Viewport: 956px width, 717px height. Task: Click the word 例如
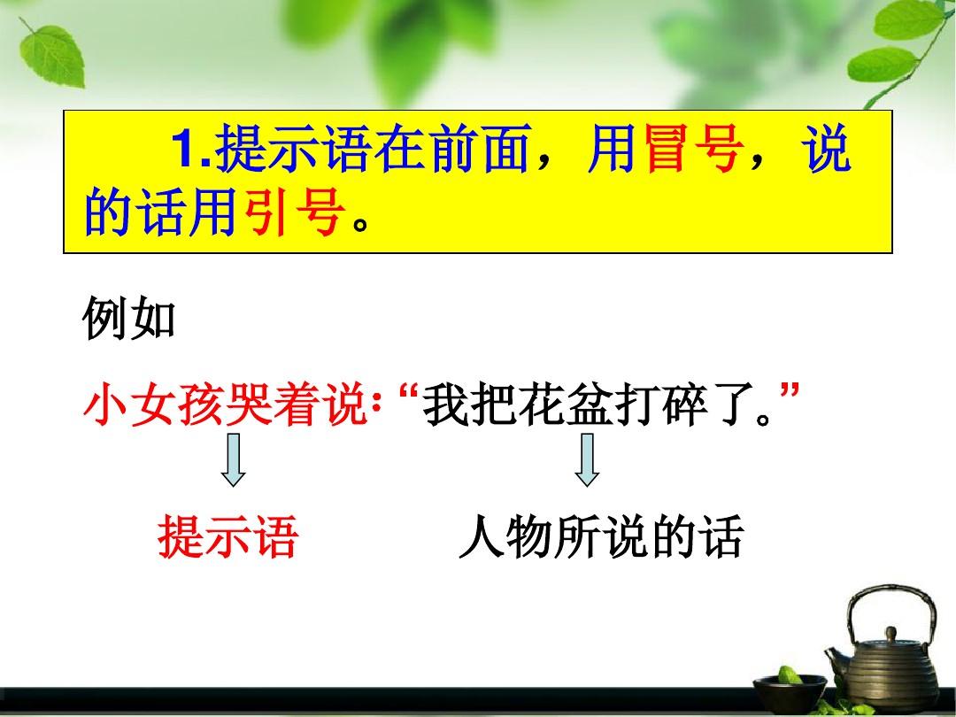coord(128,319)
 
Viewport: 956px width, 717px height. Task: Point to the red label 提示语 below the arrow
coord(228,536)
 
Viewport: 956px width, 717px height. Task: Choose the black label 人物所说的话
coord(601,536)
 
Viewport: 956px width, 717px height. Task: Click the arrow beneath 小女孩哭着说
coord(234,459)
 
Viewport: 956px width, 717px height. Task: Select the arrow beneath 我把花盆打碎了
coord(587,459)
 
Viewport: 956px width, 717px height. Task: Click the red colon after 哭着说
coord(376,406)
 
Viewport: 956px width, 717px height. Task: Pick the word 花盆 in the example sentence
coord(565,405)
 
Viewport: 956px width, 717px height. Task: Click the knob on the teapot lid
coord(892,633)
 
